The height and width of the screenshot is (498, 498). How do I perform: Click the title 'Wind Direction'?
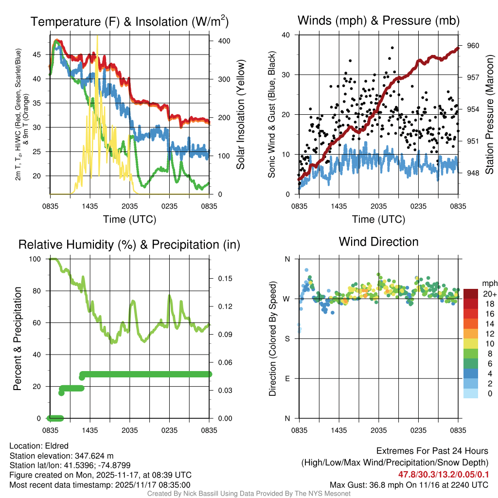(x=378, y=242)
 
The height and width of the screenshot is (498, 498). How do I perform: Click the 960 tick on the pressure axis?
(x=473, y=46)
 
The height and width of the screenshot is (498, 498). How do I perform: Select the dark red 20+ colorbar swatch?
(x=471, y=294)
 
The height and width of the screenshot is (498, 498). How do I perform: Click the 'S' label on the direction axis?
(x=287, y=338)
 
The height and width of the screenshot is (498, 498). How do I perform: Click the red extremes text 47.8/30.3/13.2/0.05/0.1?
(x=444, y=474)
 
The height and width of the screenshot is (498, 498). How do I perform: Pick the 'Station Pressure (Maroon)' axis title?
(x=489, y=115)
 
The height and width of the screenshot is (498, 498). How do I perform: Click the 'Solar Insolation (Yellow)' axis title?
(x=240, y=115)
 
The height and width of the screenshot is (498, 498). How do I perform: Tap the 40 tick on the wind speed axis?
(x=286, y=35)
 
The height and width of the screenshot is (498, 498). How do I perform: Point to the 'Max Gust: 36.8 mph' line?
(x=409, y=484)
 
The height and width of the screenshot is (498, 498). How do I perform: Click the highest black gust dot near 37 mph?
(x=392, y=48)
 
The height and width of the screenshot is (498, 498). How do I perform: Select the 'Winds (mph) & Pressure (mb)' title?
(x=378, y=21)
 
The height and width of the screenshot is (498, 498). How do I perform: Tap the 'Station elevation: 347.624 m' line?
(x=61, y=456)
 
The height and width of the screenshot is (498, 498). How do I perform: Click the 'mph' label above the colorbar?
(x=489, y=283)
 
